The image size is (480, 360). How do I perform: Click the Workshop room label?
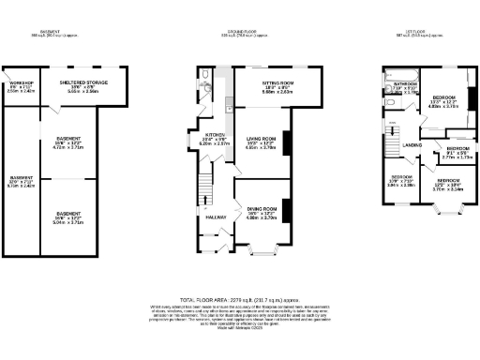20,87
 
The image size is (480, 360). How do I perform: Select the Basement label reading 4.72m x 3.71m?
68,142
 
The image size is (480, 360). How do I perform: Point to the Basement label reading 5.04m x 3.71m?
68,219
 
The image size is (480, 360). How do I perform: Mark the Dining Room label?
262,212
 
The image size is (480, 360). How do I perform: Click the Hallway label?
205,217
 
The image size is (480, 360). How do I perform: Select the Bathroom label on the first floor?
405,86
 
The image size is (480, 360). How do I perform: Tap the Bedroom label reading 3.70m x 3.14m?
448,184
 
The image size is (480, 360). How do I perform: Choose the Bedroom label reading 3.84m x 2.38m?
400,180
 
